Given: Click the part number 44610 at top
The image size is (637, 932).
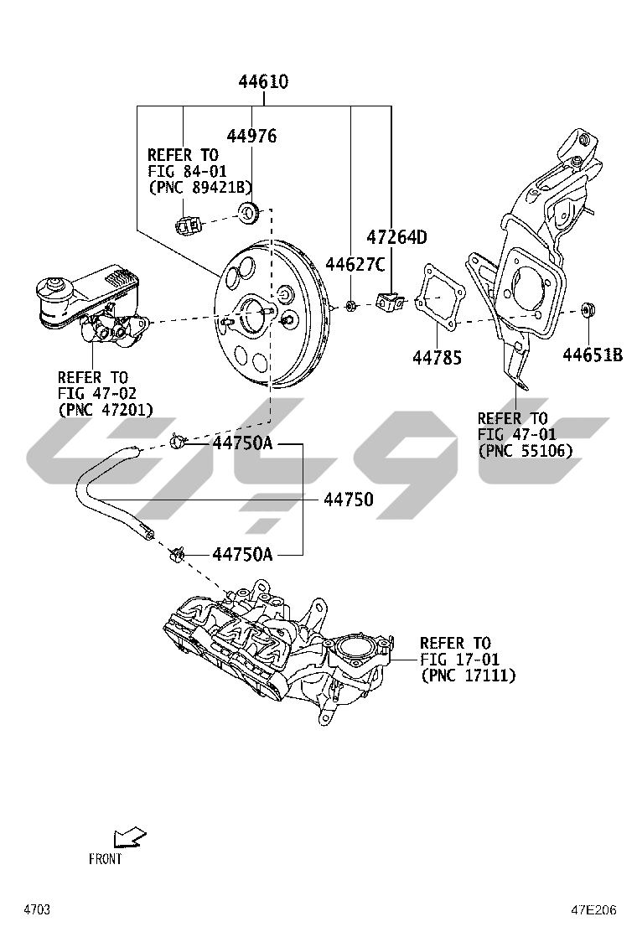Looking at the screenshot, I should pyautogui.click(x=263, y=82).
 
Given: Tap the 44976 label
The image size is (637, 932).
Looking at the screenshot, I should pyautogui.click(x=251, y=136).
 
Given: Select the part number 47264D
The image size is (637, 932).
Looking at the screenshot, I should pyautogui.click(x=396, y=237).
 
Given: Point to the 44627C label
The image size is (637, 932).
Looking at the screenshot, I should pyautogui.click(x=355, y=265).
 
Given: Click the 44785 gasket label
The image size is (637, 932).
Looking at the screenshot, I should pyautogui.click(x=438, y=358).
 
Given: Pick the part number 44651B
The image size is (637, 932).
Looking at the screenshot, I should pyautogui.click(x=593, y=355).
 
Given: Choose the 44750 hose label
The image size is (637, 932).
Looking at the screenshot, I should pyautogui.click(x=349, y=500).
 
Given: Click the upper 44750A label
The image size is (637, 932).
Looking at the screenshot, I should pyautogui.click(x=242, y=443).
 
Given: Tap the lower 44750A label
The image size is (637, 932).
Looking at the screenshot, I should pyautogui.click(x=242, y=553).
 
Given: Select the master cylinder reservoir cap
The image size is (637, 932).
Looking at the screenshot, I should pyautogui.click(x=56, y=288).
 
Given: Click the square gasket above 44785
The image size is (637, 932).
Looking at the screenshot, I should pyautogui.click(x=439, y=298).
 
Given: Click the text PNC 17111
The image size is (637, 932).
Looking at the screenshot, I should pyautogui.click(x=469, y=675).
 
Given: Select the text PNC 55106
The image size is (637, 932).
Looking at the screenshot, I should pyautogui.click(x=526, y=450).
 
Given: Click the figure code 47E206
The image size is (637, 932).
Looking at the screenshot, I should pyautogui.click(x=594, y=909).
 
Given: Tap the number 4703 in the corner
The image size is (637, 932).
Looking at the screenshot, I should pyautogui.click(x=37, y=909).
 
